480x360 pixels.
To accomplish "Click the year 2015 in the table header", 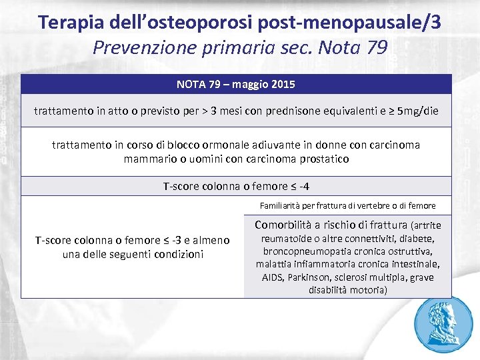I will (283, 85).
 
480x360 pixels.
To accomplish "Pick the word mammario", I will (151, 159).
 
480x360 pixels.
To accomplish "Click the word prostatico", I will (323, 159).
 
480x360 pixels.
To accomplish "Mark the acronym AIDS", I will (273, 277).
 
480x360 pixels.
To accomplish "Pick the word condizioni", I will (176, 254).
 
